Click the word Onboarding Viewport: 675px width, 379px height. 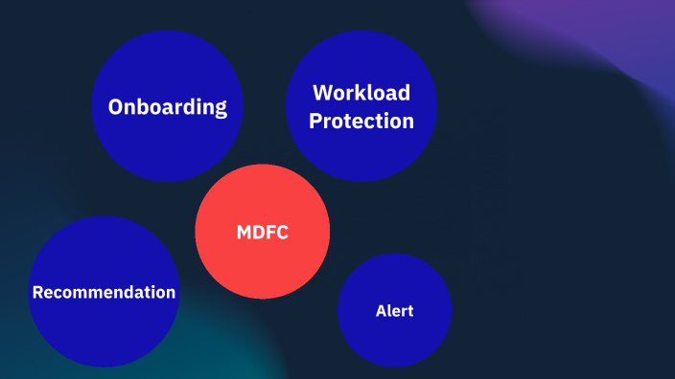[x=168, y=106]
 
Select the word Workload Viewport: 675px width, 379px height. [x=361, y=93]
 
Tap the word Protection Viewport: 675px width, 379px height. [x=361, y=122]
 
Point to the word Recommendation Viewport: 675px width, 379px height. [x=104, y=292]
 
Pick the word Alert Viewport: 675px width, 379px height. [x=394, y=311]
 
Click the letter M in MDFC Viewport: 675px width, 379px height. [x=244, y=232]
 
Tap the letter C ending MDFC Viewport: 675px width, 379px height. [x=283, y=232]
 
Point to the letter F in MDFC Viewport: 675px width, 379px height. [x=270, y=232]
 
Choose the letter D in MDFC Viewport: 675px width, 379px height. [x=258, y=232]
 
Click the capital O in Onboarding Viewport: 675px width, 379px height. [x=116, y=106]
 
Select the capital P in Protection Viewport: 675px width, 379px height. [x=315, y=122]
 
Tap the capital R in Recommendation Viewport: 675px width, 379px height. [x=37, y=292]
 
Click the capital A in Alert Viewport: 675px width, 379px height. [x=381, y=311]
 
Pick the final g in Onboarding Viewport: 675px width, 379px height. [x=221, y=108]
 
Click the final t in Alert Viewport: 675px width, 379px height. [x=410, y=311]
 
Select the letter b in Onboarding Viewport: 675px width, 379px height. [x=144, y=105]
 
